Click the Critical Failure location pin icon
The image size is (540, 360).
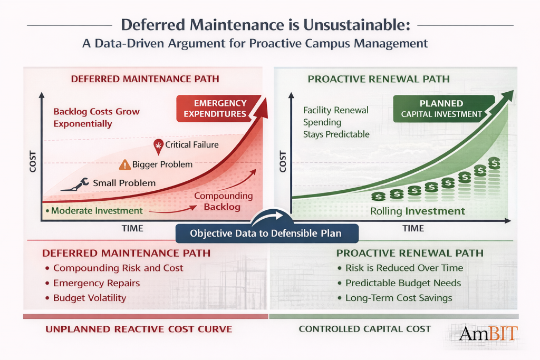pyautogui.click(x=158, y=145)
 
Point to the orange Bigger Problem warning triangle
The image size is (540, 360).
pyautogui.click(x=124, y=164)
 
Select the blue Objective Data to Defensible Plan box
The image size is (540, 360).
pyautogui.click(x=266, y=233)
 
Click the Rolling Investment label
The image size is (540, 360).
pyautogui.click(x=418, y=211)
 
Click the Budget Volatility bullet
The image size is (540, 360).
pyautogui.click(x=89, y=298)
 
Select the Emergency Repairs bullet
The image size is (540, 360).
pyautogui.click(x=96, y=283)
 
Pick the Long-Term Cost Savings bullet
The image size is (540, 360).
pyautogui.click(x=398, y=298)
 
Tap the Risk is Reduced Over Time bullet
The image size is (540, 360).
pyautogui.click(x=403, y=268)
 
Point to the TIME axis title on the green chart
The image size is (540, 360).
pyautogui.click(x=413, y=228)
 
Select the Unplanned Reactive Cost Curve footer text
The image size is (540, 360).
pyautogui.click(x=139, y=329)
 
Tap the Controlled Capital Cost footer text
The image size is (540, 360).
pyautogui.click(x=364, y=329)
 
